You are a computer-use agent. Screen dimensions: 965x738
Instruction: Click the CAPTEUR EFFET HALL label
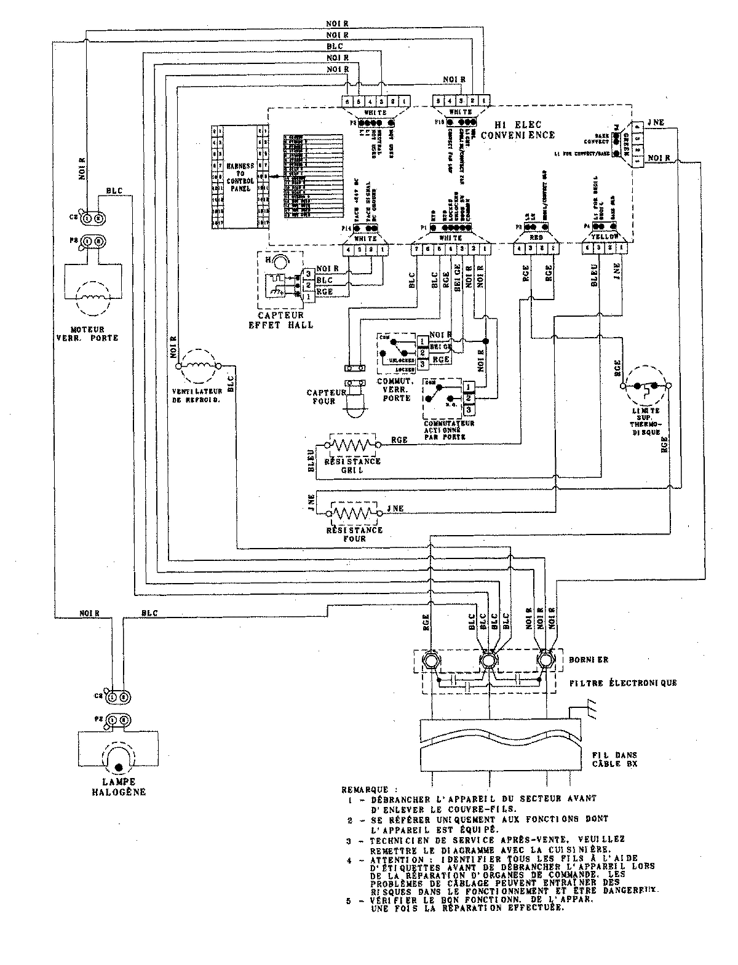tap(285, 319)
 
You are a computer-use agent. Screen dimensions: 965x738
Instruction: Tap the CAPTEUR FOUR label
tap(323, 397)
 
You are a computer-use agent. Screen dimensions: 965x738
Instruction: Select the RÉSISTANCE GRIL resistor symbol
tap(352, 443)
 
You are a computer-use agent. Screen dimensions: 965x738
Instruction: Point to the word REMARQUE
tap(365, 789)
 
